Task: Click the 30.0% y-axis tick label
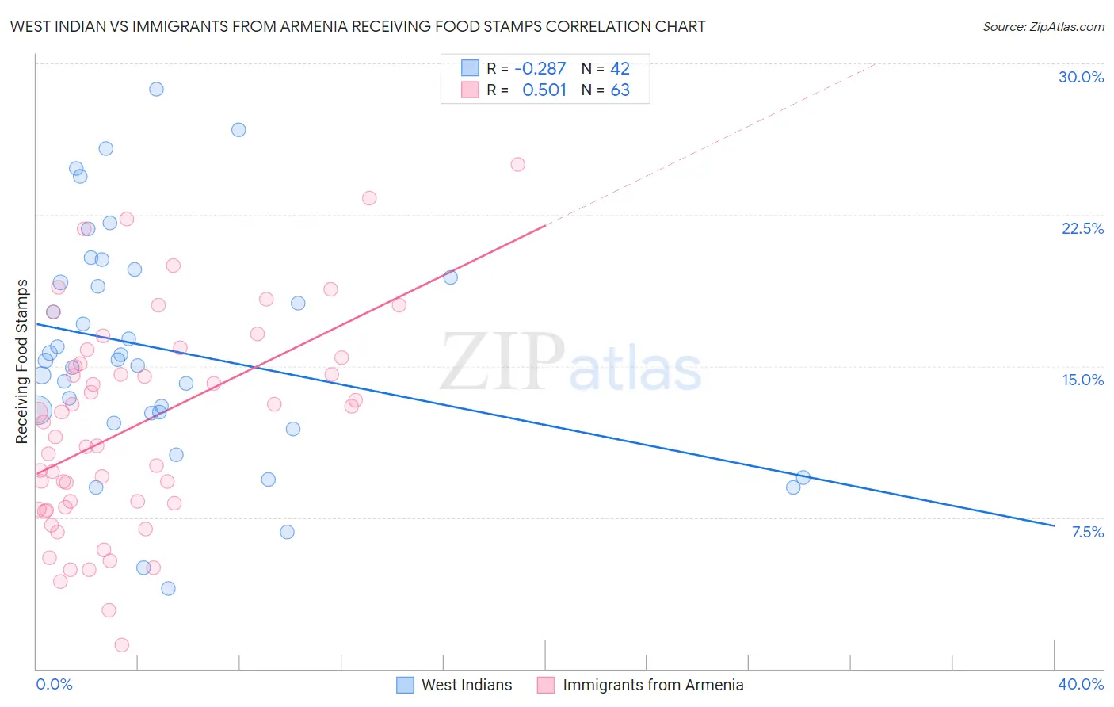tap(1081, 77)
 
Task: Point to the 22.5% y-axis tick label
tap(1082, 228)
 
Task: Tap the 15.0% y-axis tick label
tap(1082, 380)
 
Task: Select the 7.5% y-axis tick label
tap(1087, 532)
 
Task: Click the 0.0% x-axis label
tap(54, 684)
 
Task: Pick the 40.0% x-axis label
tap(1080, 684)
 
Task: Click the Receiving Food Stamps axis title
tap(21, 361)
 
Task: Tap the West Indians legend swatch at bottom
tap(405, 685)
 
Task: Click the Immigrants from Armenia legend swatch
tap(546, 685)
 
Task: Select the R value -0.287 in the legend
tap(540, 68)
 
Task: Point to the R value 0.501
tap(544, 90)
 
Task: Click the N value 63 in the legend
tap(620, 90)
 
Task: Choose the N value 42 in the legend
tap(620, 68)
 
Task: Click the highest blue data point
tap(156, 89)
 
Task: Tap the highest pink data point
tap(517, 164)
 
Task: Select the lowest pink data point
tap(121, 644)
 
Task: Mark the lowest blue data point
tap(168, 588)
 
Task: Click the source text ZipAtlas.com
tap(1043, 26)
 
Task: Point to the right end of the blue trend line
tap(1054, 525)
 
